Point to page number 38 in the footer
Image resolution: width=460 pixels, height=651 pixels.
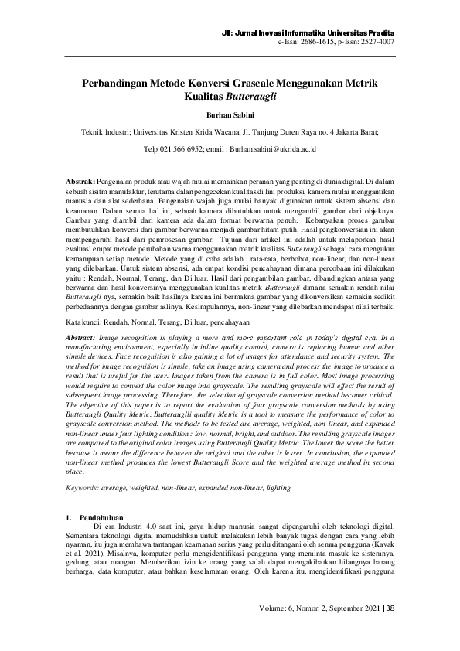[x=390, y=608]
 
